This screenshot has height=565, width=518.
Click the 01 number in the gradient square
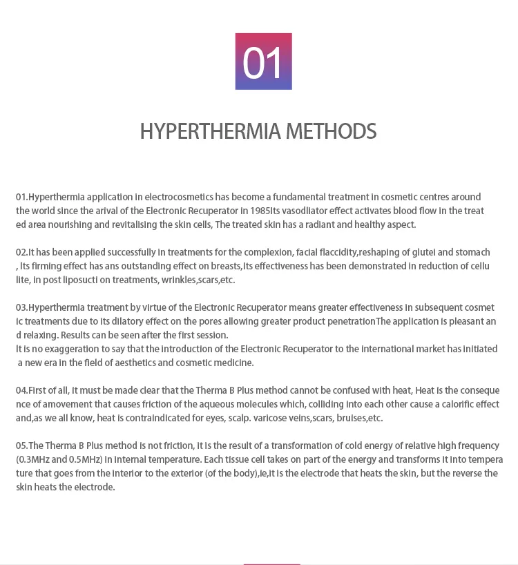click(x=263, y=62)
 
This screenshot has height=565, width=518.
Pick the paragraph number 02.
click(x=21, y=252)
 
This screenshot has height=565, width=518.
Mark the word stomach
click(x=473, y=252)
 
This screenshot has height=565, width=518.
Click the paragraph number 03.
click(x=21, y=307)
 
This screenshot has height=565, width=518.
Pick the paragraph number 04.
click(x=21, y=390)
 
